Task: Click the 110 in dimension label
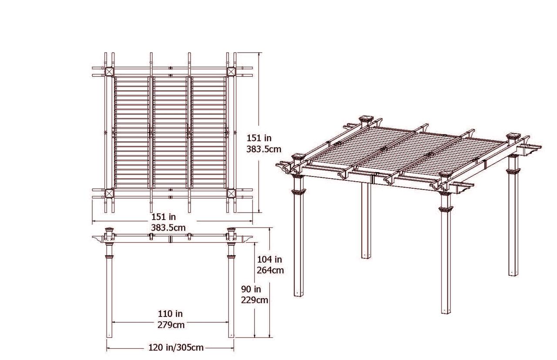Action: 170,313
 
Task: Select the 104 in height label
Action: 269,260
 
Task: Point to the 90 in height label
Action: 252,289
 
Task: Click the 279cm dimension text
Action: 171,325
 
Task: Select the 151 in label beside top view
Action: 259,138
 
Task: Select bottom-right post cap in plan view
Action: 231,194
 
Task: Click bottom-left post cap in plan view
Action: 108,194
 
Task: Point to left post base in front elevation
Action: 110,335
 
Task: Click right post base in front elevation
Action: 231,335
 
